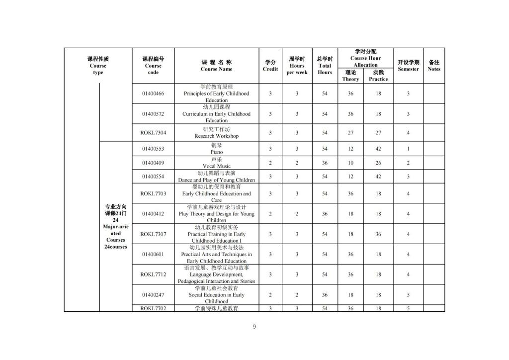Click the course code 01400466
[153, 93]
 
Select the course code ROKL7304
[153, 133]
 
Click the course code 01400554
[153, 177]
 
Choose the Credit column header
[270, 66]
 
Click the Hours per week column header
[297, 66]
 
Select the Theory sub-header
[350, 76]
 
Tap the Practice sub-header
[378, 76]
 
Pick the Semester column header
[408, 66]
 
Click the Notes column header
[434, 66]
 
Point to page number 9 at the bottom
[254, 327]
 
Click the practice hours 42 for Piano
[378, 149]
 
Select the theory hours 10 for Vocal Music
[350, 163]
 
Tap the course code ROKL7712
[153, 274]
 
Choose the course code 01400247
[153, 295]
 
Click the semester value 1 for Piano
[408, 149]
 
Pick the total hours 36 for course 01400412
[325, 214]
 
